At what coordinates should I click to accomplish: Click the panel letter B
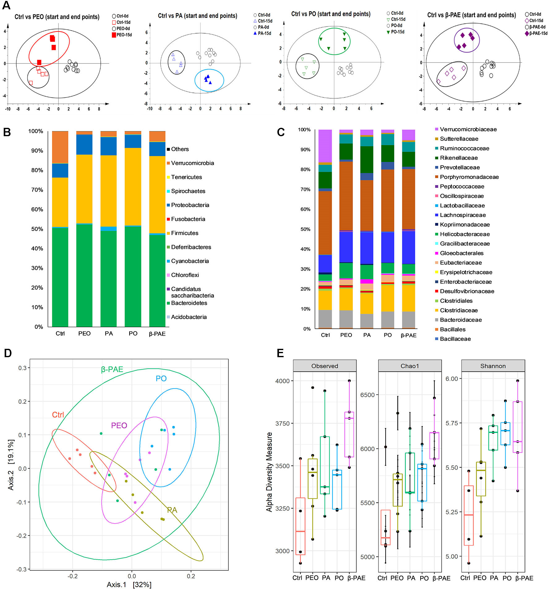click(x=7, y=132)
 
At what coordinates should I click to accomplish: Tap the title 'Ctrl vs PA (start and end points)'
click(x=197, y=16)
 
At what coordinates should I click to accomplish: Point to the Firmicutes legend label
click(x=185, y=233)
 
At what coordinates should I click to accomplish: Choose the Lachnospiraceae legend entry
click(x=463, y=215)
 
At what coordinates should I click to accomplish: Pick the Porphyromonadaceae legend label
click(x=469, y=177)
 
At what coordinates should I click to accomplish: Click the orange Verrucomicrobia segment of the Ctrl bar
click(x=60, y=147)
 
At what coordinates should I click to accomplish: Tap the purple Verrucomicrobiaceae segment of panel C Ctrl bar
click(x=325, y=145)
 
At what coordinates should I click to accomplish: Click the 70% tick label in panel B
click(x=37, y=190)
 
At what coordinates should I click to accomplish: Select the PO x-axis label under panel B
click(x=133, y=334)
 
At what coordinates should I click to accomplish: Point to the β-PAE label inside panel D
click(x=112, y=369)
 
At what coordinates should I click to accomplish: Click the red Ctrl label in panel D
click(x=58, y=415)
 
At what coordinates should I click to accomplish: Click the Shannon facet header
click(x=493, y=366)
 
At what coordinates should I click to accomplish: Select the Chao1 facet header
click(x=410, y=366)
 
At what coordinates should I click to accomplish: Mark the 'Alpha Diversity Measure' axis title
click(x=269, y=472)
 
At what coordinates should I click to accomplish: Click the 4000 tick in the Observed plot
click(x=282, y=381)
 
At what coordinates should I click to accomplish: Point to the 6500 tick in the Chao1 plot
click(x=367, y=395)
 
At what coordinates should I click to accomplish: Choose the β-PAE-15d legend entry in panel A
click(x=538, y=33)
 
